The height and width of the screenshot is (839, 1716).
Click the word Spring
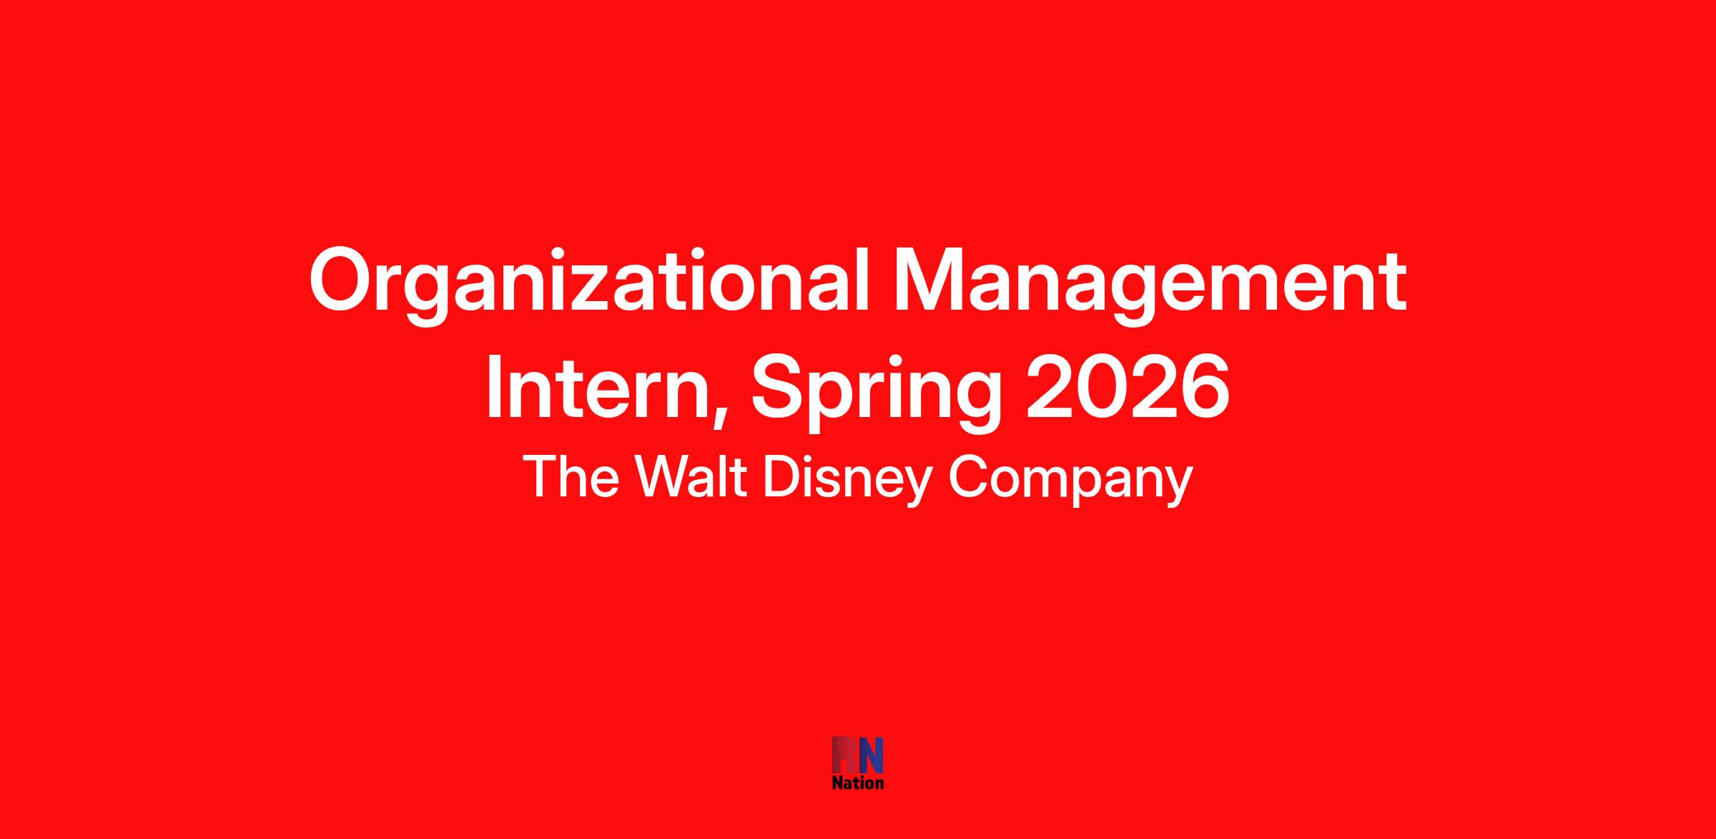(x=876, y=393)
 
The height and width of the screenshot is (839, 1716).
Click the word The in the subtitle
(x=571, y=478)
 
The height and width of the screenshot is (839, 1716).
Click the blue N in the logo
(x=870, y=755)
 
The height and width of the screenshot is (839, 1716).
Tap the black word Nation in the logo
(x=858, y=782)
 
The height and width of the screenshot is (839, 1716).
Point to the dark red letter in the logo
(x=844, y=755)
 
